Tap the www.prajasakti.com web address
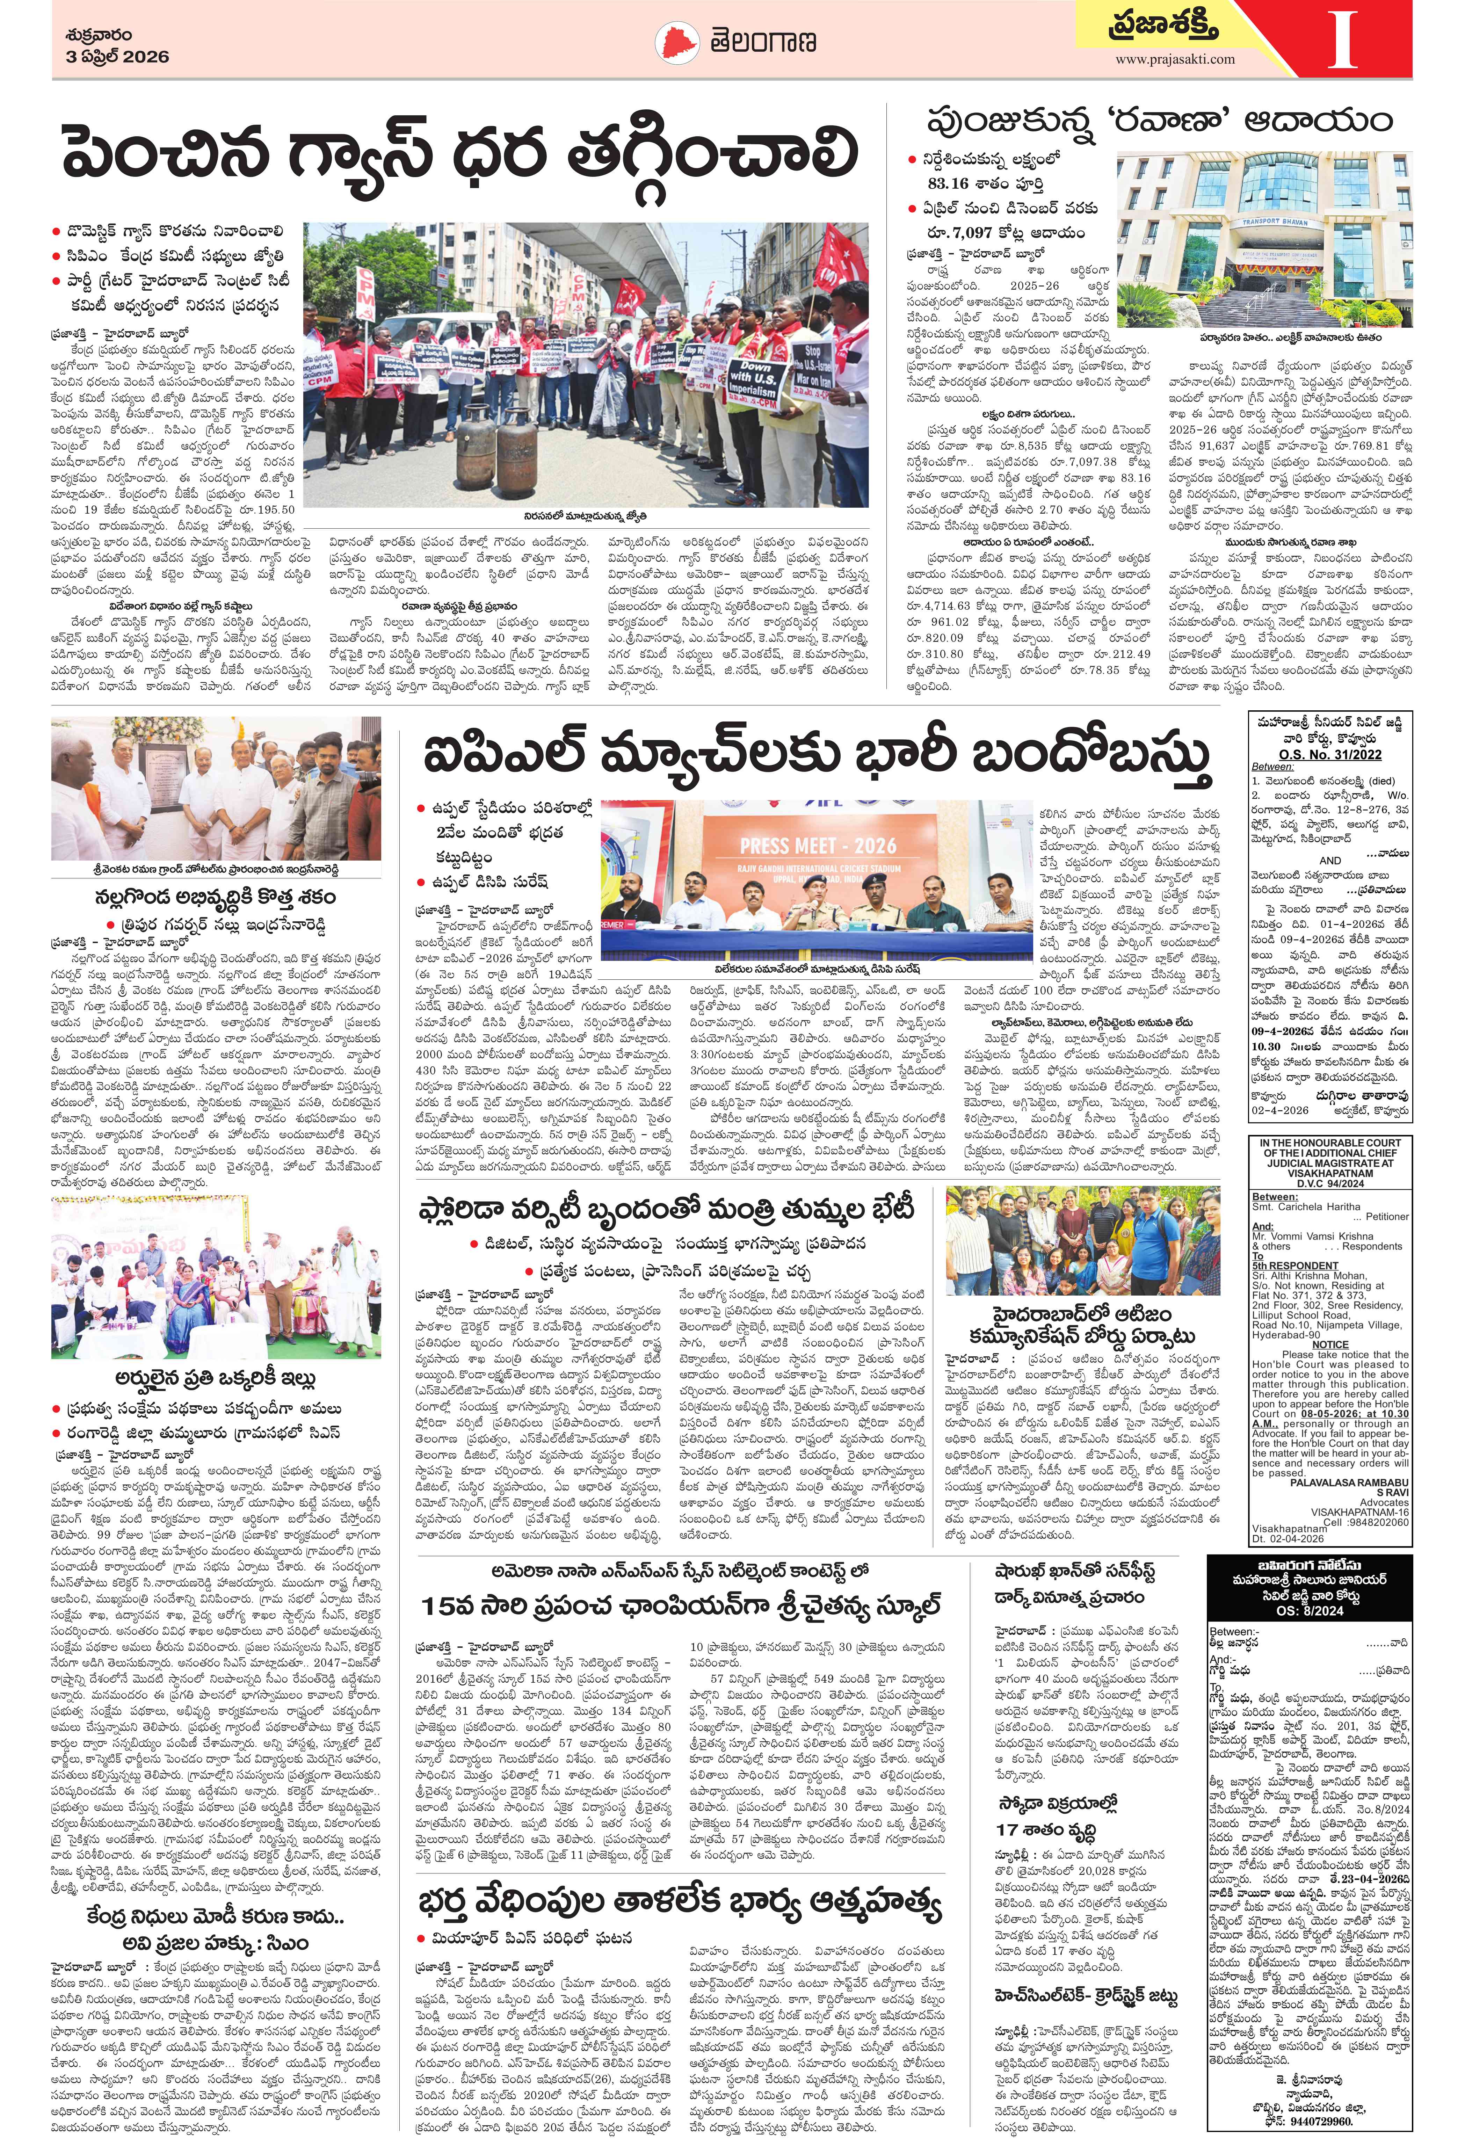pyautogui.click(x=1174, y=59)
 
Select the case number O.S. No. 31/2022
pyautogui.click(x=1330, y=754)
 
